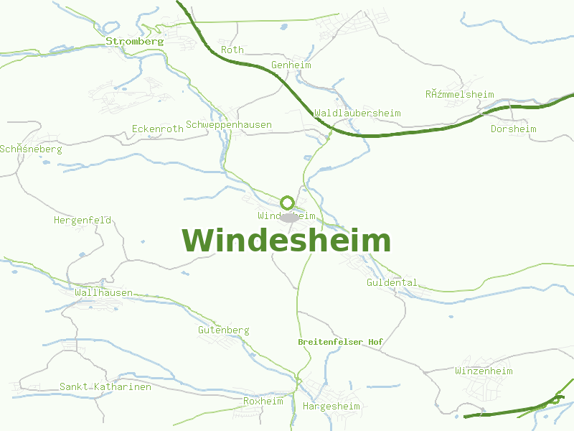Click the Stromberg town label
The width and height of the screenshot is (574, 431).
point(135,41)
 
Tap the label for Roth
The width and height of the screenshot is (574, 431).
point(232,50)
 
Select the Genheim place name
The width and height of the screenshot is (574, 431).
point(291,65)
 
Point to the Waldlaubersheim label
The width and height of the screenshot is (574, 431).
point(357,113)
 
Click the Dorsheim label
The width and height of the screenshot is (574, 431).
point(513,129)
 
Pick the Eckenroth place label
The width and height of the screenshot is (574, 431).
point(158,129)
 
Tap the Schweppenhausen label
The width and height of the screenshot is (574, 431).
point(229,125)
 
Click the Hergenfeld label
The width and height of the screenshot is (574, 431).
point(83,221)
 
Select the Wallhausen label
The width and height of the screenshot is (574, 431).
point(104,293)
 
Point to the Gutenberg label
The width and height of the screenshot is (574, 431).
point(224,330)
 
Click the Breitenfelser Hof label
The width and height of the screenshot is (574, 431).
point(340,343)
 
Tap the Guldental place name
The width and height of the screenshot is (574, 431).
point(392,283)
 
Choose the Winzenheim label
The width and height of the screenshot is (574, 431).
point(484,371)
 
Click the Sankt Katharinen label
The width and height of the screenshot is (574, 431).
point(105,387)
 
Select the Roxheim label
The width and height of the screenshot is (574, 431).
point(263,402)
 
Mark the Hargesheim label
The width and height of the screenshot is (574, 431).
point(331,407)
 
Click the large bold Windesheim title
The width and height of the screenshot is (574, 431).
point(286,241)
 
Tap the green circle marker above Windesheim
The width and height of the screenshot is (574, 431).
point(287,203)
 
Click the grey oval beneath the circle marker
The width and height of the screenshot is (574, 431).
point(289,217)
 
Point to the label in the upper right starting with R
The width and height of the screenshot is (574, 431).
point(460,95)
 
